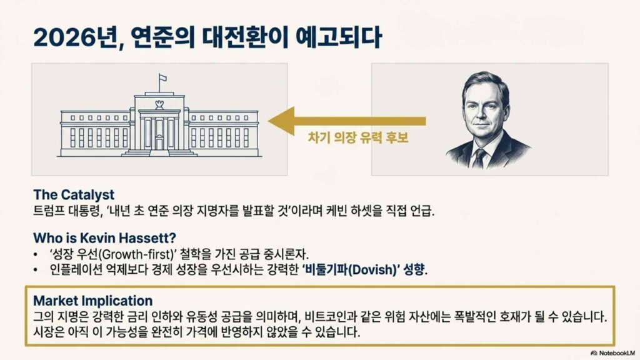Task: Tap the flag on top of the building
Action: coord(162,77)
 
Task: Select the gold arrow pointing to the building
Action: coord(347,121)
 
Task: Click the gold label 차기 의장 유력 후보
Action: coord(358,137)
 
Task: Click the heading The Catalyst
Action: coord(74,195)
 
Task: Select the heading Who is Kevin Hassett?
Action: coord(104,237)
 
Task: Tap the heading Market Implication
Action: coord(93,301)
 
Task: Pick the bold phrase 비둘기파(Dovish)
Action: coord(349,270)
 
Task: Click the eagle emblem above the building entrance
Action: coord(159,104)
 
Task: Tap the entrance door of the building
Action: coord(159,144)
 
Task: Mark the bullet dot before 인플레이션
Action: coord(36,270)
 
